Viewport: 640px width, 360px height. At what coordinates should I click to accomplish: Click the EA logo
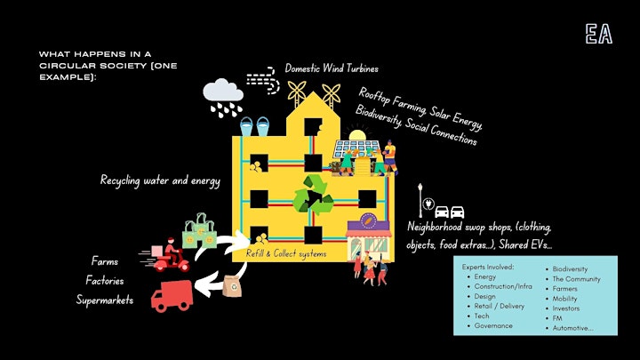coord(599,34)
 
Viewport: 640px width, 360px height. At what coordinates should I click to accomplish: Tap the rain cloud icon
coord(223,97)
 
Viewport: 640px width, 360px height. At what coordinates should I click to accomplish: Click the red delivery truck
coord(172,296)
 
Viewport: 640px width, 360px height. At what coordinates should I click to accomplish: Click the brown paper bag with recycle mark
coord(232,285)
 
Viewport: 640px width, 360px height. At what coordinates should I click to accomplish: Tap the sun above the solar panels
coord(357,135)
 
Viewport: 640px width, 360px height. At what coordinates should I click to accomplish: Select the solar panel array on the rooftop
coord(356,148)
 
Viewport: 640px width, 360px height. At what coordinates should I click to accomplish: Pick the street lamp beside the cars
coord(420,200)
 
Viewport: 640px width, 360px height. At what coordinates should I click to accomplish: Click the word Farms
coord(105,261)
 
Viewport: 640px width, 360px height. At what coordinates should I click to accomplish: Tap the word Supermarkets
coord(105,300)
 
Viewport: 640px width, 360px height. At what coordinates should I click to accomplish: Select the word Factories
coord(105,280)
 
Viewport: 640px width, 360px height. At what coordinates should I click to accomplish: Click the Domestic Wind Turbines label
coord(332,68)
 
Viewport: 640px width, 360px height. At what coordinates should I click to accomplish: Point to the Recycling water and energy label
coord(160,180)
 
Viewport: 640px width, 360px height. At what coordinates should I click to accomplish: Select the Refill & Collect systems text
coord(286,254)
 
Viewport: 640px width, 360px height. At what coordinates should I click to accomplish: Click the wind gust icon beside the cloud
coord(263,80)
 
